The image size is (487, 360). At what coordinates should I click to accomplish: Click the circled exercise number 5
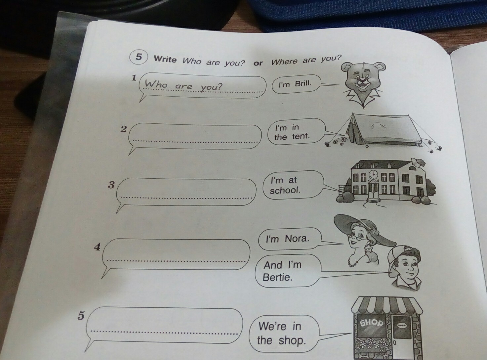click(138, 57)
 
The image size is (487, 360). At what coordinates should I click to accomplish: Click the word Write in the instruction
click(165, 59)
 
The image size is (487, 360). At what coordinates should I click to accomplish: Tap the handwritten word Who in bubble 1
click(156, 84)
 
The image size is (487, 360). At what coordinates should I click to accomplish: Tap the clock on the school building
click(373, 175)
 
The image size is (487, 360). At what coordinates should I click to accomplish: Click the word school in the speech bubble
click(285, 190)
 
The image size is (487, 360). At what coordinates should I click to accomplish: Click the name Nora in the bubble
click(297, 239)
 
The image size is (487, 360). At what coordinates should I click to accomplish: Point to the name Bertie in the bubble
click(277, 277)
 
